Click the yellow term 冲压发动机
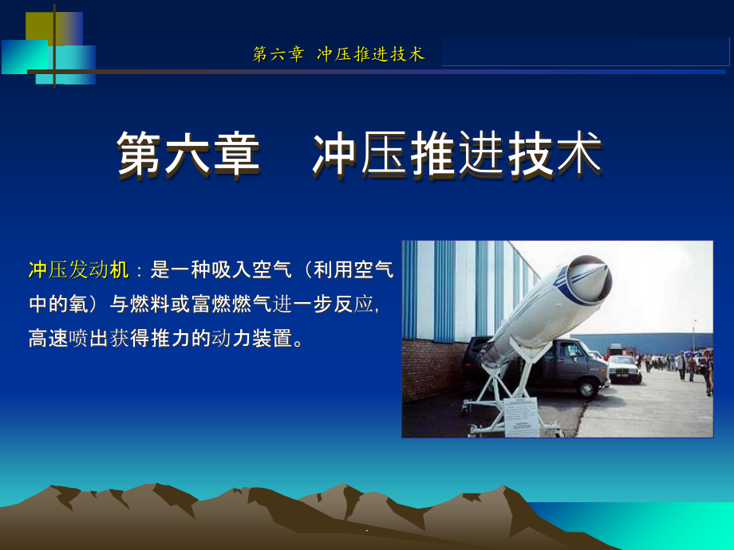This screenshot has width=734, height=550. (79, 270)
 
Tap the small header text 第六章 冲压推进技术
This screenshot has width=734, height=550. (339, 54)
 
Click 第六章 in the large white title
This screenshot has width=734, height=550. (188, 155)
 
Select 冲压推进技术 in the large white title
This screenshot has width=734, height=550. (457, 155)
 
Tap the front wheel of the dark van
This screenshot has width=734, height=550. (586, 389)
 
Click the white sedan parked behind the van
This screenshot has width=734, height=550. (623, 368)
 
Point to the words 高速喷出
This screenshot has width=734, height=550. (69, 339)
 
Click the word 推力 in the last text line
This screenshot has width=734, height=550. (171, 339)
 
